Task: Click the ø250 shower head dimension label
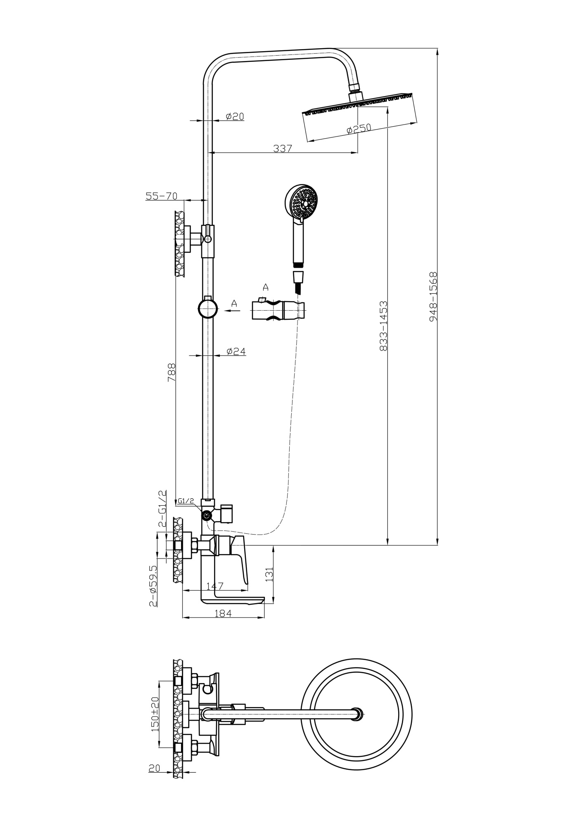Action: click(359, 129)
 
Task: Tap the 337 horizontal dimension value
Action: click(283, 148)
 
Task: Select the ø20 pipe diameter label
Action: click(235, 116)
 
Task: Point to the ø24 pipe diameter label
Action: click(236, 351)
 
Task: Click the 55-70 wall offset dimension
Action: click(161, 196)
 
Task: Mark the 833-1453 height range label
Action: click(383, 326)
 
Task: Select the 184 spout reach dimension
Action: click(223, 613)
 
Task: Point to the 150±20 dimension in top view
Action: click(155, 714)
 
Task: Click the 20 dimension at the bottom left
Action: click(154, 768)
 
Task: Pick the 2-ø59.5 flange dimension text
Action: click(153, 585)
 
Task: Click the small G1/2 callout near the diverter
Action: click(186, 501)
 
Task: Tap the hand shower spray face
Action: click(304, 203)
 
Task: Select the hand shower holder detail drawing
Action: click(279, 310)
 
